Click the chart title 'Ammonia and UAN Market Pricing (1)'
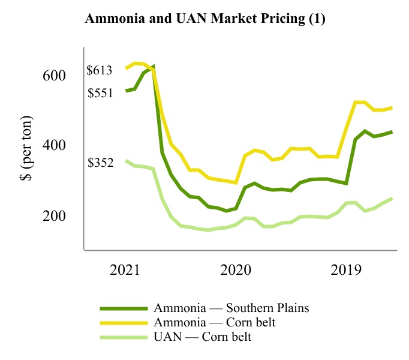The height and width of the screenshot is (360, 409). (205, 19)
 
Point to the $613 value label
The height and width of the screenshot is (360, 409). (100, 71)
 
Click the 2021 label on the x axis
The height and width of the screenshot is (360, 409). (125, 269)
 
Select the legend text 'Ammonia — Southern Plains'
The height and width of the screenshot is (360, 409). (231, 308)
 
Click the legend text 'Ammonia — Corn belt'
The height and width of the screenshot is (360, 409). (214, 323)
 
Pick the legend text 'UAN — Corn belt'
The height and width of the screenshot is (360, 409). (203, 337)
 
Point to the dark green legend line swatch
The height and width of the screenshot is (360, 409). (124, 308)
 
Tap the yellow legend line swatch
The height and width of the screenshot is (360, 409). (124, 323)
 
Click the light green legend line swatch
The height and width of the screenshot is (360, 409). (124, 337)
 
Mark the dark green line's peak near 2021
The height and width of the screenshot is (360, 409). (154, 67)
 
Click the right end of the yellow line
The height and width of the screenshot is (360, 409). (392, 108)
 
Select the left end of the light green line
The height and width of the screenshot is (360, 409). (126, 161)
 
